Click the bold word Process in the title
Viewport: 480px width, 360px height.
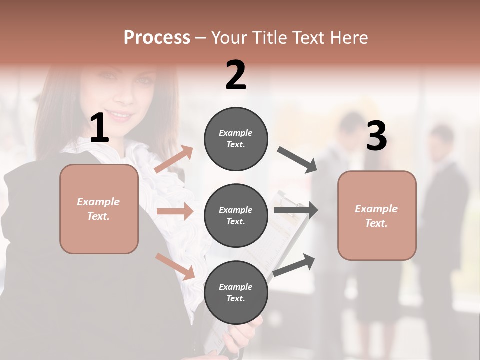click(157, 37)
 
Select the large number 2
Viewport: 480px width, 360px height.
click(236, 75)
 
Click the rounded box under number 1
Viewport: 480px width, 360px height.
click(99, 209)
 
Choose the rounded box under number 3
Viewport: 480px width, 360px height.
click(377, 215)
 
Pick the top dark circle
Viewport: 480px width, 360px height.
click(236, 138)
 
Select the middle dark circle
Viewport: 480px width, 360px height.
click(236, 215)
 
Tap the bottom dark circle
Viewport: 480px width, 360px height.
click(236, 292)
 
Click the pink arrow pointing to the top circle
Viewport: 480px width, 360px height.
click(174, 160)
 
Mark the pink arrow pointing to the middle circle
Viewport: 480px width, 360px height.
click(175, 211)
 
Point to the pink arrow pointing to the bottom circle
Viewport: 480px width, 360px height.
click(175, 266)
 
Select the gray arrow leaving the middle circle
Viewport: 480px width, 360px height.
click(296, 210)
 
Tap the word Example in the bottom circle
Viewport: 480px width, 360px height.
click(236, 287)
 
